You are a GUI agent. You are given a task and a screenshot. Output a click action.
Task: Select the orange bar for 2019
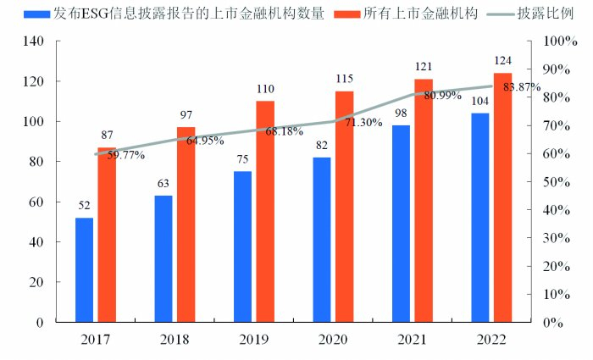pos(265,211)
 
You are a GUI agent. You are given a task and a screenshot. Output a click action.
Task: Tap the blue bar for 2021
pos(401,224)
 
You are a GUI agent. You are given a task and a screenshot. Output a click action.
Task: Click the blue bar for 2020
pos(321,240)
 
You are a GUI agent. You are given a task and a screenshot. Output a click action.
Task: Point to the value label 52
pos(84,205)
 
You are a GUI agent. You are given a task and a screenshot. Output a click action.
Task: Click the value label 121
pos(424,66)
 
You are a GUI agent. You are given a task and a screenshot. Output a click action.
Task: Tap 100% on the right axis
pos(559,42)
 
